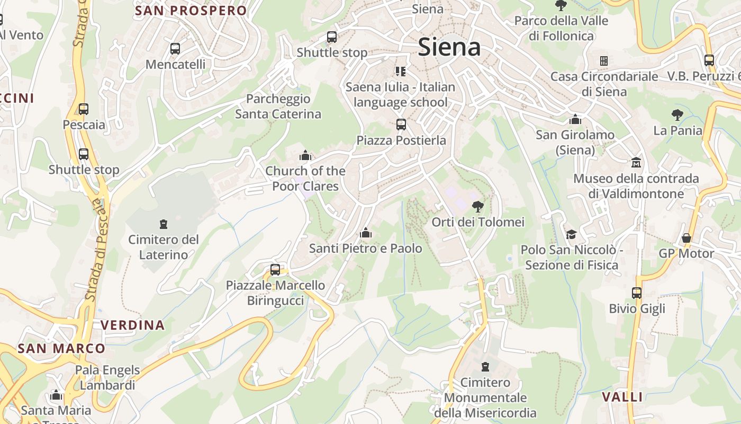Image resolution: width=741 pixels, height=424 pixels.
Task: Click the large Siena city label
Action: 449,47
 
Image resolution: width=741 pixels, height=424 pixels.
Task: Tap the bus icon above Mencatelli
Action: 175,49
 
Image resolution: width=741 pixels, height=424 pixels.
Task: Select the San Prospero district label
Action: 191,11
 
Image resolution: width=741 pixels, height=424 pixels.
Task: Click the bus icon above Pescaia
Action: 84,109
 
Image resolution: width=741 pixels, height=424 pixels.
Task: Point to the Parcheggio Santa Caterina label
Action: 278,107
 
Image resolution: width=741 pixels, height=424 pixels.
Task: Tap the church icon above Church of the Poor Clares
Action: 305,155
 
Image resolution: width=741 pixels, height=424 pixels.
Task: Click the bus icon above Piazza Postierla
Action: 401,125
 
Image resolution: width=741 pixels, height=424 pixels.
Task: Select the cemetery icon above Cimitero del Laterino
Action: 164,224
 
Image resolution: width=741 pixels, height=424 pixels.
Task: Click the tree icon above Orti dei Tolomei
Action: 477,206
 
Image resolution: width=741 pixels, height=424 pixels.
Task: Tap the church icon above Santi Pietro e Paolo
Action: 365,233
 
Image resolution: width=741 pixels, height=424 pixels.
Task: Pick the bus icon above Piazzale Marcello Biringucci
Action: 275,269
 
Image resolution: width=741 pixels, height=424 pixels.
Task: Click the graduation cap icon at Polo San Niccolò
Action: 571,234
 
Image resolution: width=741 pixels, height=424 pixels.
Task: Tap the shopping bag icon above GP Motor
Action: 686,238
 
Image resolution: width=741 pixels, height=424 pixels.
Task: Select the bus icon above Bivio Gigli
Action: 637,293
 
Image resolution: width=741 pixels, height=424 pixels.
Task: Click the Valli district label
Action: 622,397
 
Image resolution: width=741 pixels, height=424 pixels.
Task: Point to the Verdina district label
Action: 132,325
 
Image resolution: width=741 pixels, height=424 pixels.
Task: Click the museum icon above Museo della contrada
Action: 636,162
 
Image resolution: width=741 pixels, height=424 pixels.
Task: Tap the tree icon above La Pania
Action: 677,114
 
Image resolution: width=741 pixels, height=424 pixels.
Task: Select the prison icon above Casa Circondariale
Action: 603,61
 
